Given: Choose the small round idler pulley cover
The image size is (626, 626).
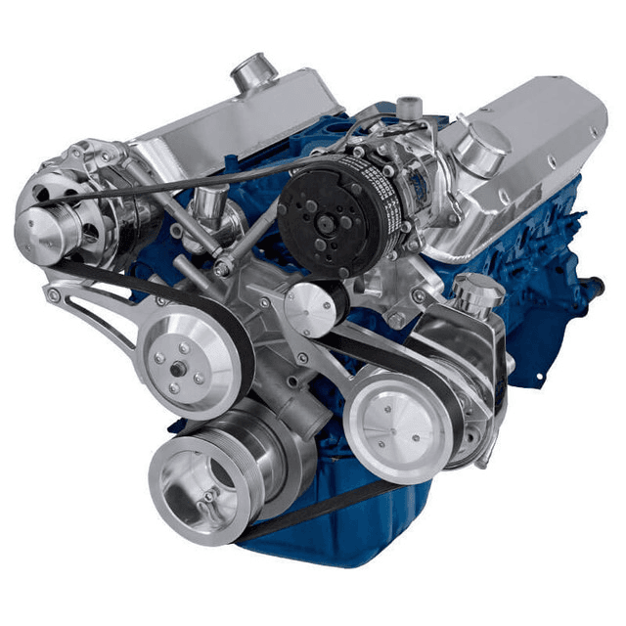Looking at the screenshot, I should coord(310,311).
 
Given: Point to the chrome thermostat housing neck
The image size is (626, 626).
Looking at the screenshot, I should coord(207,204).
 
